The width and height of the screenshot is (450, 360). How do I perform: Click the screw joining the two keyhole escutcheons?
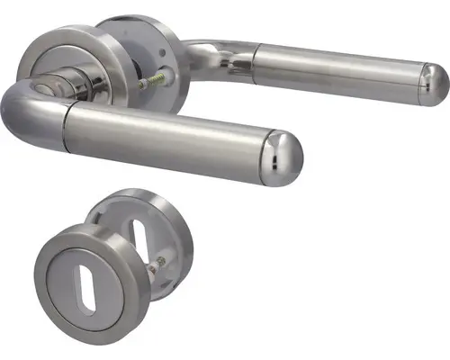coord(158,265)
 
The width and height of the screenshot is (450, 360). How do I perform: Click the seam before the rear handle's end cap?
coord(417,80)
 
